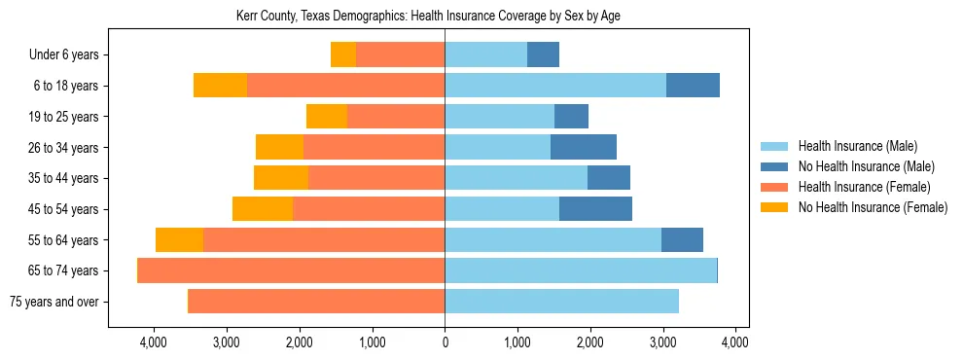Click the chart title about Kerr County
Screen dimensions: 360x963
point(428,17)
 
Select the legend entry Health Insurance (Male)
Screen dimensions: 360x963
point(857,146)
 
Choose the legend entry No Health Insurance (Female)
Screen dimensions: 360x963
point(872,207)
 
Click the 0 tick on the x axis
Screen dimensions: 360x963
point(445,342)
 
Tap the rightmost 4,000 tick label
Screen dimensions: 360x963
point(734,342)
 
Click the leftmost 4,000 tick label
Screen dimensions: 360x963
point(154,342)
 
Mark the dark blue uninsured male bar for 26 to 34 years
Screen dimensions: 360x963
point(584,147)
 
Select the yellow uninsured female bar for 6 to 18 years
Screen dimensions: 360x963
point(220,86)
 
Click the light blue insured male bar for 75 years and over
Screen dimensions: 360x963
point(561,302)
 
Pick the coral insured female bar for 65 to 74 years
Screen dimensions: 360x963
point(292,270)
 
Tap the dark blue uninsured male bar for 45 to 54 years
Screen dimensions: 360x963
point(595,209)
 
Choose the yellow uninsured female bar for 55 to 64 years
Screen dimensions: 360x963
point(179,239)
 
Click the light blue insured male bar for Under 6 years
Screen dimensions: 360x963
point(485,55)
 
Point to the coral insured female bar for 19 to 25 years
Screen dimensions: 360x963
point(396,117)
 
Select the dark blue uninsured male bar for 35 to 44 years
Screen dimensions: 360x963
point(609,178)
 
